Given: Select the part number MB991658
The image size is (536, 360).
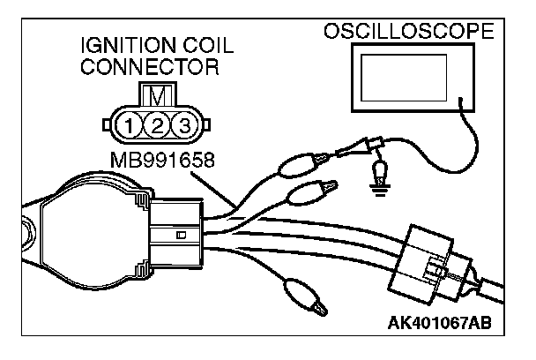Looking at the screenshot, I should pos(160,161).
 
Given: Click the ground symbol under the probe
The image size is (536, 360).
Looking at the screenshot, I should pos(380,184).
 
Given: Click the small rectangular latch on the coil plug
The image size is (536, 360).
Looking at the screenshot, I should pos(181,235).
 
